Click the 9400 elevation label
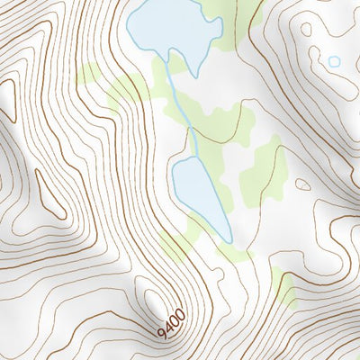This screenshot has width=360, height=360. coord(171,322)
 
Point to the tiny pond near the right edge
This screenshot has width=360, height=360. coord(335,61)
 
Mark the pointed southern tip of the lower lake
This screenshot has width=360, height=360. coord(229,241)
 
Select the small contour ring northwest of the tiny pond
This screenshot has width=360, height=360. coord(306,29)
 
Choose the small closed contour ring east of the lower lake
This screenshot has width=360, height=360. coord(303,184)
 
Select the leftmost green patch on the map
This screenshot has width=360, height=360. coord(88,74)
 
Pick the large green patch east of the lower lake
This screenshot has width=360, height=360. coord(265,171)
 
